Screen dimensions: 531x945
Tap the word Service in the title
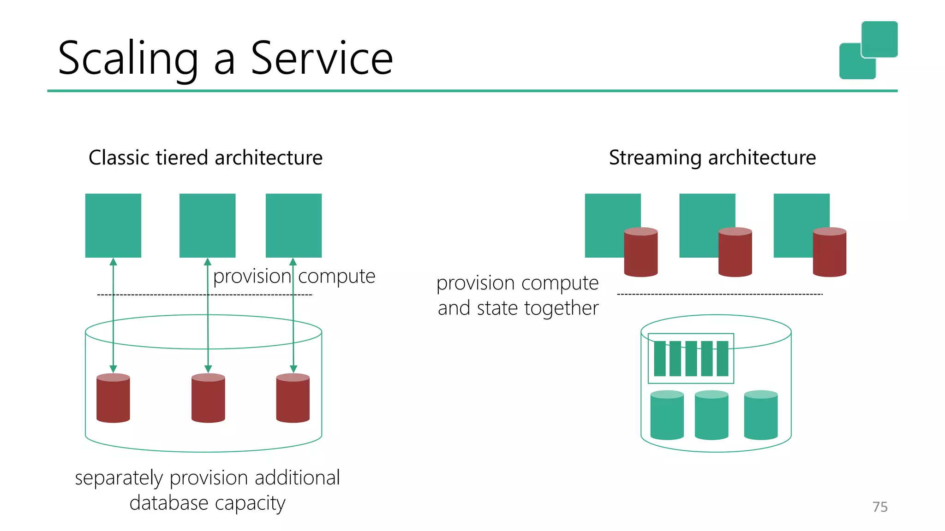coord(322,59)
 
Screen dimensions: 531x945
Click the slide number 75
coord(880,507)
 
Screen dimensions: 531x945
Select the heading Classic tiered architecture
coord(205,158)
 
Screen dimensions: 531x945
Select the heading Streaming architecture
coord(712,158)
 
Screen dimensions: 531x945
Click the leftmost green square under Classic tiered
coord(113,225)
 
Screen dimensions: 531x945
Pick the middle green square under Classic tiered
coord(207,225)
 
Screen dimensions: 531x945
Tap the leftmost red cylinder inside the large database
coord(113,398)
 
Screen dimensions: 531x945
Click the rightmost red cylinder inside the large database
coord(293,398)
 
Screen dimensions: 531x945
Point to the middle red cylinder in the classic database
coord(208,398)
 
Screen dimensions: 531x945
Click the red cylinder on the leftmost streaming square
coord(640,252)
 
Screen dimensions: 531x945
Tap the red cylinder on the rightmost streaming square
coord(829,252)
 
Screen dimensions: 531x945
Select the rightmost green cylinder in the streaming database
coord(761,415)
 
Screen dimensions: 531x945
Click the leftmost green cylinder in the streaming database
coord(667,415)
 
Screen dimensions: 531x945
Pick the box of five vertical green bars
coord(691,359)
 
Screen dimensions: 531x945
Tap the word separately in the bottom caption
coord(119,478)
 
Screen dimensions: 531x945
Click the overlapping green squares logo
coord(868,50)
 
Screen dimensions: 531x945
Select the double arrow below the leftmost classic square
coord(113,315)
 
